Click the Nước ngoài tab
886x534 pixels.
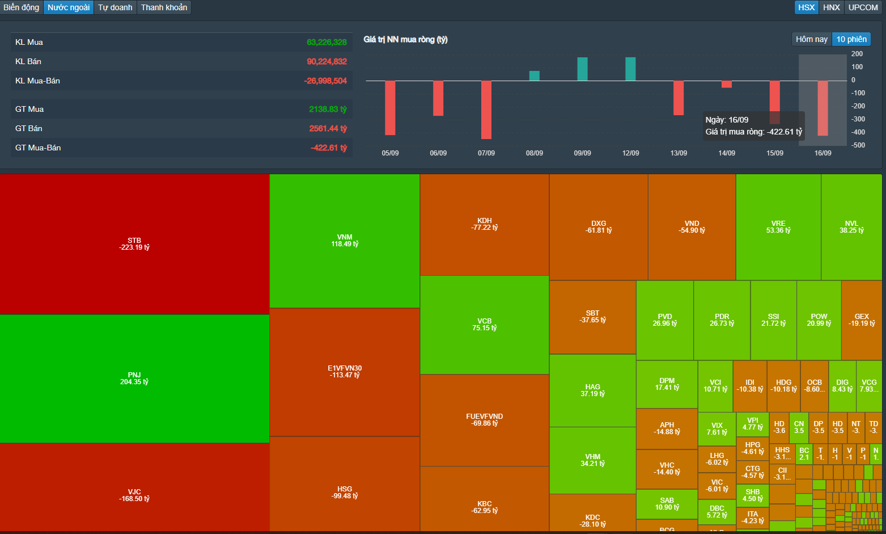tap(69, 7)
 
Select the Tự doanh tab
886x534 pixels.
tap(115, 7)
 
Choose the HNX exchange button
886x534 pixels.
tap(832, 7)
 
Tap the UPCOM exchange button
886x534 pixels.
tap(863, 7)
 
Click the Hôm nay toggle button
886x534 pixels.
tap(811, 39)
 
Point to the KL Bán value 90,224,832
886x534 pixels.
tap(327, 61)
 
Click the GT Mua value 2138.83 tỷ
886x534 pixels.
tap(328, 109)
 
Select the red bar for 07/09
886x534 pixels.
tap(486, 110)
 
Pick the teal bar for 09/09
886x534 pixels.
tap(582, 69)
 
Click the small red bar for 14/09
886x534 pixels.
tap(727, 85)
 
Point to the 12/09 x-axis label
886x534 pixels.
tap(630, 153)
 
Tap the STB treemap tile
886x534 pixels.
tap(134, 244)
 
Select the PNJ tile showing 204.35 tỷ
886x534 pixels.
tap(134, 379)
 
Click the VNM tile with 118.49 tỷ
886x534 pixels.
tap(345, 241)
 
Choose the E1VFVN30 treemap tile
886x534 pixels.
tap(345, 372)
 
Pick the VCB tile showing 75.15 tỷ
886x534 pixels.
tap(484, 325)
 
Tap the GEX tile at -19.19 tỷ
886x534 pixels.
tap(862, 320)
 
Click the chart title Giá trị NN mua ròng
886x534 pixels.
tap(405, 39)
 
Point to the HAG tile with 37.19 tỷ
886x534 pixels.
tap(592, 390)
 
